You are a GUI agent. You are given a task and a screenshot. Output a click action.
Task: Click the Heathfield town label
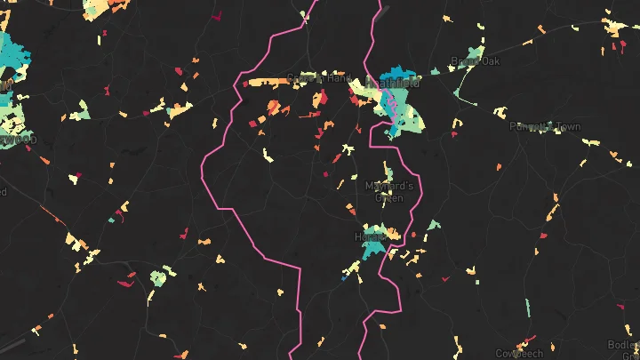(392, 83)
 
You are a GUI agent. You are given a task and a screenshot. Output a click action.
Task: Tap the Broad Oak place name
(476, 61)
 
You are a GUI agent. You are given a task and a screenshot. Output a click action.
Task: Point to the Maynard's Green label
(389, 192)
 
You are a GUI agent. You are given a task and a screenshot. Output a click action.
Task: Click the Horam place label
(367, 238)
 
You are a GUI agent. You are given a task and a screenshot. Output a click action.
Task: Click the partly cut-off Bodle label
(622, 345)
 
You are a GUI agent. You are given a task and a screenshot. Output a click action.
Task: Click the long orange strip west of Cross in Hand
(267, 82)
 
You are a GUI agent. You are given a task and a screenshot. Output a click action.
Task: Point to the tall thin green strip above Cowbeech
(527, 308)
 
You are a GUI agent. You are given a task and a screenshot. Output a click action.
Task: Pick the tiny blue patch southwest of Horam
(343, 278)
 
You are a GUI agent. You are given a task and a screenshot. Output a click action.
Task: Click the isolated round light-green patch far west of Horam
(158, 278)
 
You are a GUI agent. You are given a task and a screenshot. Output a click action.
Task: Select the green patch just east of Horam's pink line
(433, 225)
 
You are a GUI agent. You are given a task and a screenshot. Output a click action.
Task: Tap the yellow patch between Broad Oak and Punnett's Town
(500, 112)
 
